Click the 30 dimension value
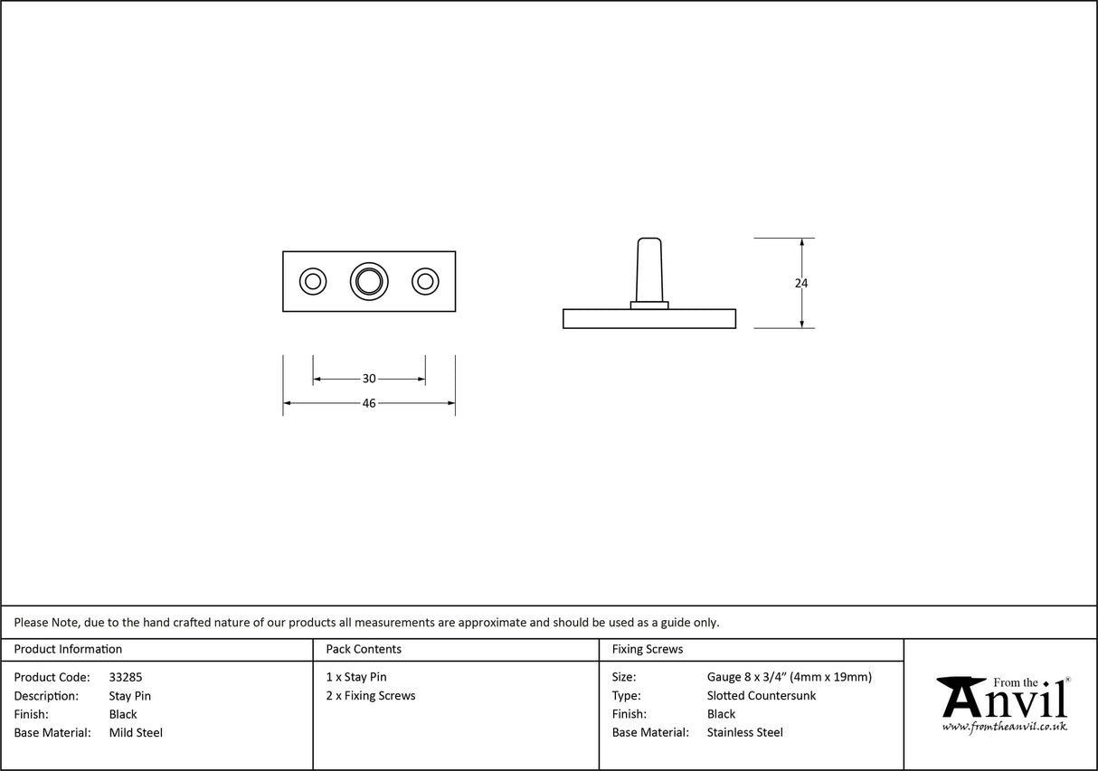click(x=369, y=379)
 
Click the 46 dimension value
click(x=369, y=403)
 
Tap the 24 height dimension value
click(x=801, y=283)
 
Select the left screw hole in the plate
click(x=313, y=282)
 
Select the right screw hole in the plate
click(x=425, y=282)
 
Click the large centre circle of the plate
click(x=369, y=282)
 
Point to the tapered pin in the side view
click(x=649, y=270)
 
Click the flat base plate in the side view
click(x=649, y=319)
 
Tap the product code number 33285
click(x=126, y=677)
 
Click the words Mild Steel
click(x=136, y=732)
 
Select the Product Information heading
click(x=68, y=649)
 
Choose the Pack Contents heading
click(x=364, y=649)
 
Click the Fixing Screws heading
click(x=648, y=649)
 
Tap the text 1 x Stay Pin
click(x=356, y=677)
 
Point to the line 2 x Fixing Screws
click(x=371, y=696)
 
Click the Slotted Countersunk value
click(x=762, y=696)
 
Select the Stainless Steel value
click(x=745, y=732)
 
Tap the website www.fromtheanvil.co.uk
click(x=1004, y=727)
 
